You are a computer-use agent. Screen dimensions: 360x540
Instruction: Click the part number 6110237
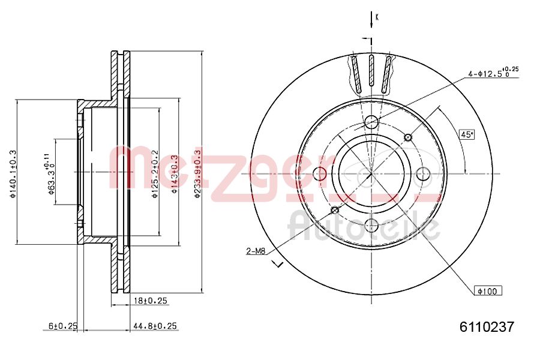pyautogui.click(x=487, y=328)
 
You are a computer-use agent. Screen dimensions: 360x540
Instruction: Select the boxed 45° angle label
pyautogui.click(x=467, y=134)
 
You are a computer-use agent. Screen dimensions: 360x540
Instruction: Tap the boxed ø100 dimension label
pyautogui.click(x=488, y=291)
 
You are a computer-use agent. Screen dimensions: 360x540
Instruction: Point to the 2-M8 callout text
pyautogui.click(x=256, y=251)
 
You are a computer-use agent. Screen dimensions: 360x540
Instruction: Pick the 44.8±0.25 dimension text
pyautogui.click(x=155, y=326)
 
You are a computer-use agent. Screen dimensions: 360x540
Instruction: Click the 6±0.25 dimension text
pyautogui.click(x=63, y=326)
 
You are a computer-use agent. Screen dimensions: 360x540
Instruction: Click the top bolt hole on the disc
pyautogui.click(x=371, y=122)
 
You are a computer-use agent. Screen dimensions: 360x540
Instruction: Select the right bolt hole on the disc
pyautogui.click(x=423, y=174)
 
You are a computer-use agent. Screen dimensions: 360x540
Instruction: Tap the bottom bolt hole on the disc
pyautogui.click(x=371, y=226)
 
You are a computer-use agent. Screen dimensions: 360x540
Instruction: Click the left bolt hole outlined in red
pyautogui.click(x=320, y=174)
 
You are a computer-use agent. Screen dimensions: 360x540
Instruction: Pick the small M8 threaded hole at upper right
pyautogui.click(x=408, y=137)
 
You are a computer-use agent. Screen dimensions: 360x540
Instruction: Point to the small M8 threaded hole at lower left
pyautogui.click(x=335, y=210)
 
